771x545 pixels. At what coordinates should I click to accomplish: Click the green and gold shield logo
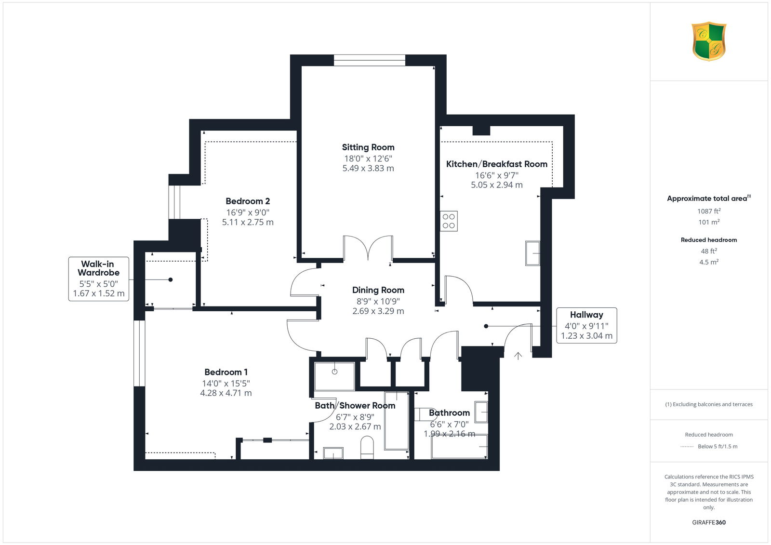point(709,41)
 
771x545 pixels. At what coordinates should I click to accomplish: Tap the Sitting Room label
point(368,147)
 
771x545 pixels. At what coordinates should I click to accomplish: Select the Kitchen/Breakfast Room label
point(497,164)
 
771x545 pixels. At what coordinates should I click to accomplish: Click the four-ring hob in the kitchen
point(449,221)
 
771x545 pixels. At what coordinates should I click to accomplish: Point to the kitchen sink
point(532,253)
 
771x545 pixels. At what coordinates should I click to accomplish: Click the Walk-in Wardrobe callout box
point(99,279)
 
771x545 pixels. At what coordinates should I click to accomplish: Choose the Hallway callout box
point(586,325)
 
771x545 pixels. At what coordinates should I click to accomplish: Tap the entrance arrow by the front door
point(518,356)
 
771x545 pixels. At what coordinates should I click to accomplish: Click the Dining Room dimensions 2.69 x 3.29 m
point(378,311)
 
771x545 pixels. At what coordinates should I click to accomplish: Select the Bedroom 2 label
point(248,201)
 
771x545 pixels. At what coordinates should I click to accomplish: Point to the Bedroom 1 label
point(226,372)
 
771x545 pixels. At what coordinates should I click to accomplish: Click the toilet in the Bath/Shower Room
point(367,448)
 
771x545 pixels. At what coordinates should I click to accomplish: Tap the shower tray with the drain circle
point(334,376)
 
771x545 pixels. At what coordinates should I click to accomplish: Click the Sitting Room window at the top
point(370,60)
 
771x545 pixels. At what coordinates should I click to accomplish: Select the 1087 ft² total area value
point(709,211)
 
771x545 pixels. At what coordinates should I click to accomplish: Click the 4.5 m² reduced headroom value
point(709,262)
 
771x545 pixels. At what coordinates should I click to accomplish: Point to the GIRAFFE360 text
point(709,522)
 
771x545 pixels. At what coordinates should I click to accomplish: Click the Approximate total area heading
point(709,199)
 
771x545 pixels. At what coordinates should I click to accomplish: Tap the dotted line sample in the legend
point(687,447)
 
